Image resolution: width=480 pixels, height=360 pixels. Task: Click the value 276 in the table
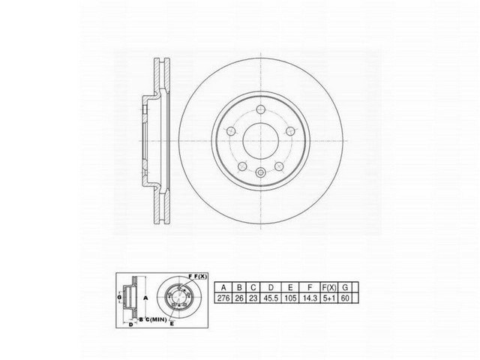[x=223, y=298]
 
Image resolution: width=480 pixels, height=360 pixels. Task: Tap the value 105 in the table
[x=289, y=298]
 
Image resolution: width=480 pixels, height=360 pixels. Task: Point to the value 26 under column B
[x=238, y=298]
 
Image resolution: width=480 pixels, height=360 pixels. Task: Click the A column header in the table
[x=223, y=286]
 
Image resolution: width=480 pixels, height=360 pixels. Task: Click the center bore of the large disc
[x=259, y=140]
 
